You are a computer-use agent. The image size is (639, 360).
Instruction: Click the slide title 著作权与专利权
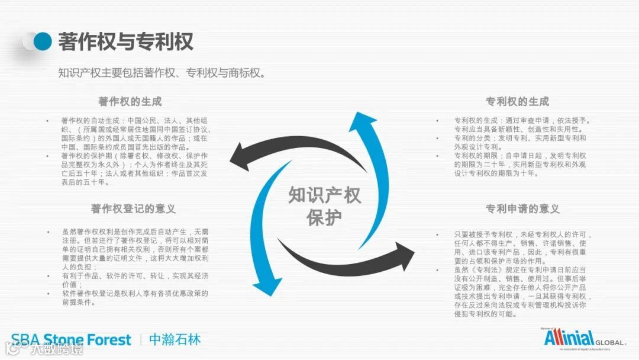[x=125, y=42]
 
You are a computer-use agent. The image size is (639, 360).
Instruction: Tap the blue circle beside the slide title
[x=43, y=41]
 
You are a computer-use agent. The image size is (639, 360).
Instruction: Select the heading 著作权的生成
[x=130, y=101]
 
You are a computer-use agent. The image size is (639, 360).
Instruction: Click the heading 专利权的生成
[x=517, y=101]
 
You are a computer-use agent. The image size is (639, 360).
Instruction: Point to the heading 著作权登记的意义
[x=133, y=208]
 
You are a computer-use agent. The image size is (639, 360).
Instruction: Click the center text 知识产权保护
[x=324, y=206]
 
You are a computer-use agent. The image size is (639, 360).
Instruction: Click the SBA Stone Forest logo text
[x=71, y=340]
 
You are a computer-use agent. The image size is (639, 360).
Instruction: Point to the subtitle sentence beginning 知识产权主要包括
[x=161, y=73]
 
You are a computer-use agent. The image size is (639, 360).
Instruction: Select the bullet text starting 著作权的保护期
[x=134, y=169]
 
